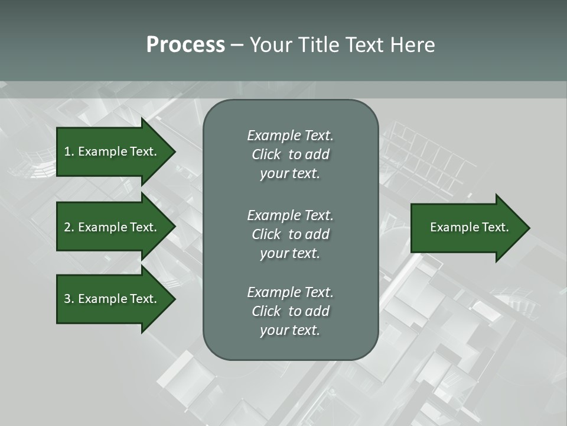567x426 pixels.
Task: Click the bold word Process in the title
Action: pos(185,45)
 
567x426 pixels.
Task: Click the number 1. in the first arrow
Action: pos(69,151)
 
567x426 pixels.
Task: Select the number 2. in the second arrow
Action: pos(69,227)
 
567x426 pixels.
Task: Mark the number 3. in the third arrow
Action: pos(69,299)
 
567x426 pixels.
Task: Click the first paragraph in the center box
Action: pos(290,154)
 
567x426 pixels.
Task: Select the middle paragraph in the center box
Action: pos(290,234)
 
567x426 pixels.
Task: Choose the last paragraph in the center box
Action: pos(290,311)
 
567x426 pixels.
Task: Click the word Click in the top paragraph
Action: pos(266,154)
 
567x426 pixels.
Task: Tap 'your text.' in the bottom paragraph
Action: pos(290,330)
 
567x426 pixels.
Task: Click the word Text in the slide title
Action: pos(366,45)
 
